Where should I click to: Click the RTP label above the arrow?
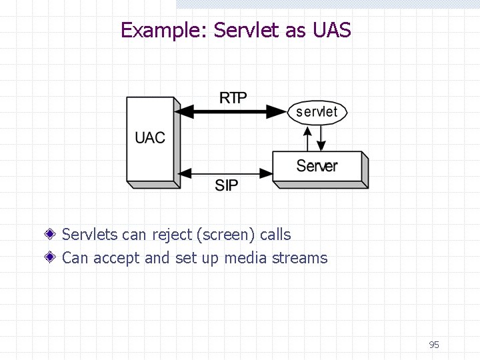pyautogui.click(x=233, y=98)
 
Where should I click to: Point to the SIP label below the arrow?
pyautogui.click(x=227, y=185)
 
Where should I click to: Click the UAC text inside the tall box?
pyautogui.click(x=150, y=138)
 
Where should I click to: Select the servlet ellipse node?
pyautogui.click(x=317, y=112)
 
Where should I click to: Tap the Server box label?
pyautogui.click(x=317, y=166)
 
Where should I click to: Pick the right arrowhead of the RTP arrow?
pyautogui.click(x=278, y=112)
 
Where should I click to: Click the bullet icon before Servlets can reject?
pyautogui.click(x=51, y=235)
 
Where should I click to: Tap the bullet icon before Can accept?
pyautogui.click(x=51, y=258)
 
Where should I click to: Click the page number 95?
pyautogui.click(x=434, y=345)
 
